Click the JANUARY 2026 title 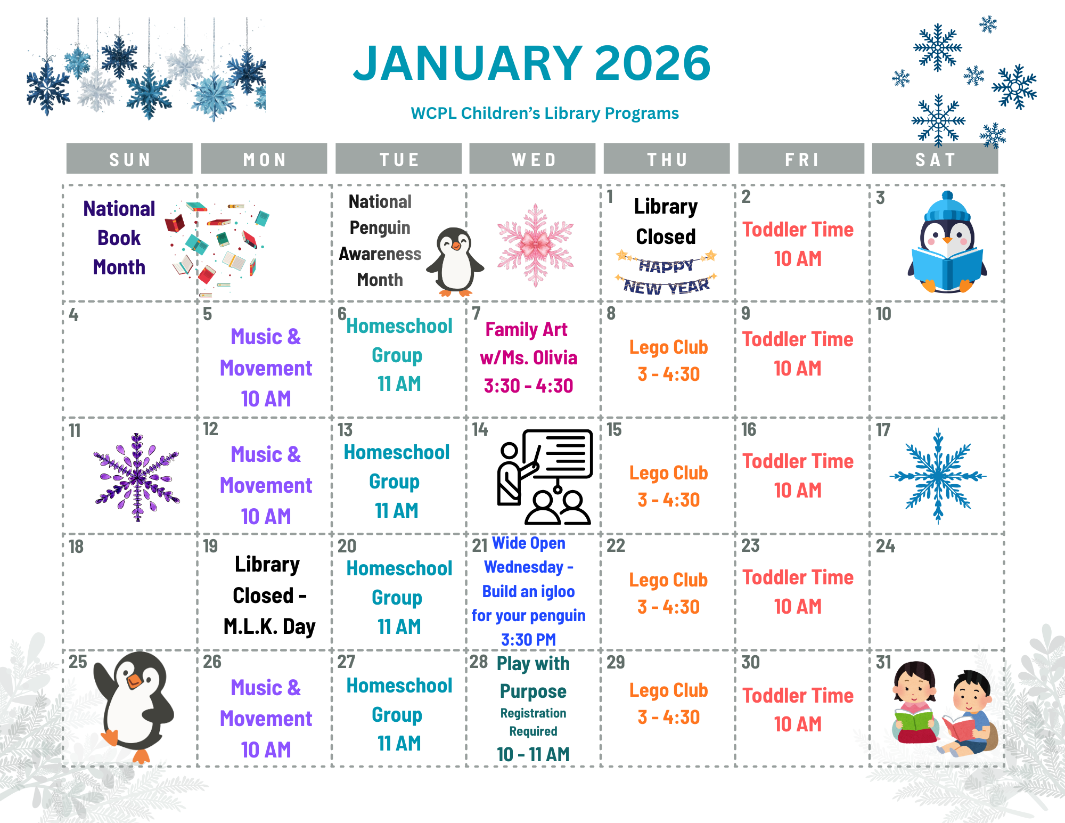point(531,63)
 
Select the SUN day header point(129,159)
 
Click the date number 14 point(480,429)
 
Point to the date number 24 point(886,546)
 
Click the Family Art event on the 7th point(528,357)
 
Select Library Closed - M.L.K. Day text point(268,595)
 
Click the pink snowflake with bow point(535,245)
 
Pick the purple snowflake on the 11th point(137,476)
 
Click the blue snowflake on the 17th point(938,476)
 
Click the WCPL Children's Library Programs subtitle point(544,113)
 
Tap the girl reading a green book point(915,702)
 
